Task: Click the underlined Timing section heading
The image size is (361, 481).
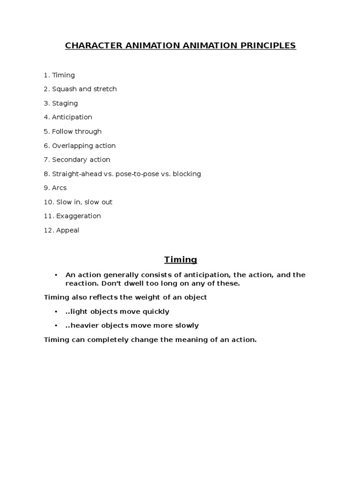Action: tap(180, 260)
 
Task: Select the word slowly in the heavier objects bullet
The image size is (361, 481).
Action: tap(186, 326)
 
